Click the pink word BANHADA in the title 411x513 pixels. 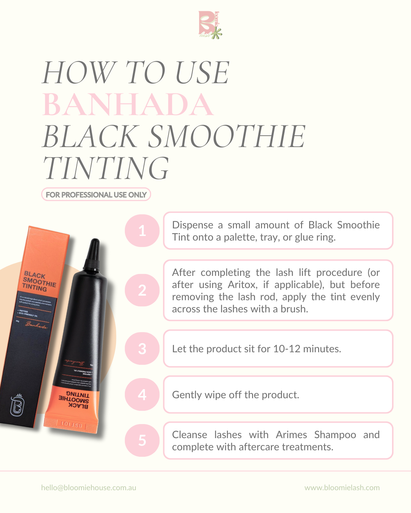(x=128, y=104)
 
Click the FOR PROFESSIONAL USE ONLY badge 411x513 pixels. (x=96, y=195)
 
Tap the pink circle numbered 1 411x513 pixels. (x=142, y=231)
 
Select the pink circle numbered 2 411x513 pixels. (x=142, y=290)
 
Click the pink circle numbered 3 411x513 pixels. (x=142, y=348)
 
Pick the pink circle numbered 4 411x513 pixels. (x=142, y=394)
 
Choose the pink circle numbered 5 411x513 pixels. (x=142, y=440)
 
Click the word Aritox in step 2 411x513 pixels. (x=242, y=285)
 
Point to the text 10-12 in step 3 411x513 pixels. (x=287, y=349)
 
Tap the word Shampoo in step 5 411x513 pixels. (x=335, y=435)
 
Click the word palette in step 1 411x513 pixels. (x=240, y=237)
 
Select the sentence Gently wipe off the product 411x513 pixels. (x=236, y=395)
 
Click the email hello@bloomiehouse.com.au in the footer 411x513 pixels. (x=89, y=488)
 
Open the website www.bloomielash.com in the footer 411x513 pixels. (x=342, y=488)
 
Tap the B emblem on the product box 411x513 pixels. (x=17, y=405)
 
